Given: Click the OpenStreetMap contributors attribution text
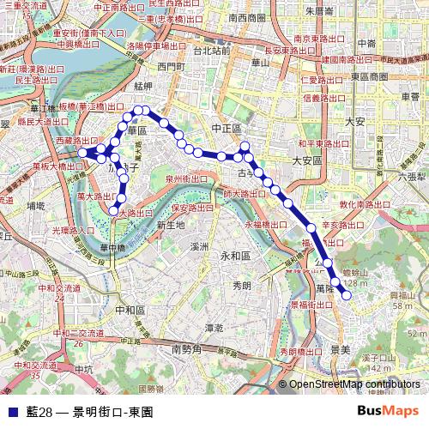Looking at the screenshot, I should click(354, 384).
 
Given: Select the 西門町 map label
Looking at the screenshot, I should click(172, 66).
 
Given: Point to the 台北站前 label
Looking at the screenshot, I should click(211, 51).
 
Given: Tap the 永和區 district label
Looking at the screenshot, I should click(234, 256).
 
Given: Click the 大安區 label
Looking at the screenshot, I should click(306, 160).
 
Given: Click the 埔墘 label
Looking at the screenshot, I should click(35, 206).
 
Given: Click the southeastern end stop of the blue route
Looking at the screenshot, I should click(347, 295).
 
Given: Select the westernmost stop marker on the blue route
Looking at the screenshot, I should click(83, 152).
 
